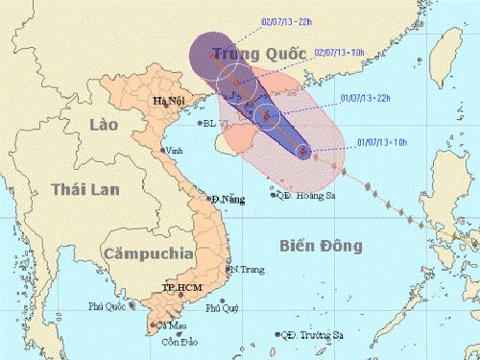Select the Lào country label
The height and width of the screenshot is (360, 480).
click(100, 126)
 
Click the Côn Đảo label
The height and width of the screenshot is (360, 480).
click(173, 342)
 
